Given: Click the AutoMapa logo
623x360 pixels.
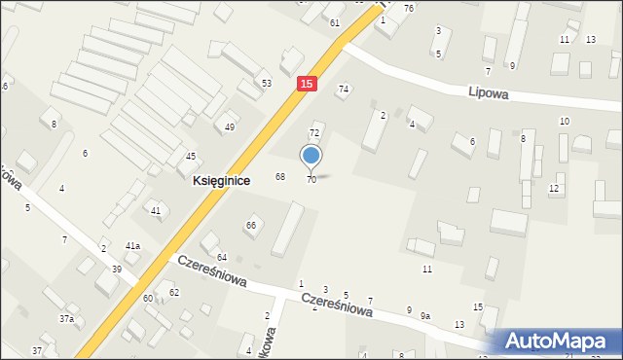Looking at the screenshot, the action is tap(557, 341).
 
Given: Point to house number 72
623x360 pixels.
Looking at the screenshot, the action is tap(314, 132).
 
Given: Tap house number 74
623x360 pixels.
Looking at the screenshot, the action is tap(343, 90).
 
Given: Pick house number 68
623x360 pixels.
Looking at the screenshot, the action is tap(280, 176).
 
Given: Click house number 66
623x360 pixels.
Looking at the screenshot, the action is tap(251, 226).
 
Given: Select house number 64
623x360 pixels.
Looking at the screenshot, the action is tap(222, 257).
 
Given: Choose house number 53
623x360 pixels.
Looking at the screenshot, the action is tap(267, 84).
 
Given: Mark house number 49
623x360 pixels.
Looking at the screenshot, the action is tap(230, 127).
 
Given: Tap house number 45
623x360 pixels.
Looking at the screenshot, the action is tap(191, 157).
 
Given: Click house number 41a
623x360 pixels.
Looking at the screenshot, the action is tap(132, 246).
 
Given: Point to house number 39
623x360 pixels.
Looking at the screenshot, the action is tap(117, 269).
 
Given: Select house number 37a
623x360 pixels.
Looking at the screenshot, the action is tap(66, 319).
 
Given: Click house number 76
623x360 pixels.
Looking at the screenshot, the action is tap(409, 8).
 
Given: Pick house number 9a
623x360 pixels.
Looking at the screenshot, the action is tap(425, 316).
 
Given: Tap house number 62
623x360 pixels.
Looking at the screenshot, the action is tap(174, 292).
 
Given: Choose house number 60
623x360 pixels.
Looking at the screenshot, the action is tap(148, 298).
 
